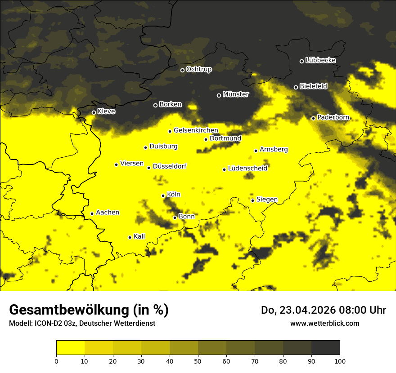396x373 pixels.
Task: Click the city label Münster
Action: (x=236, y=94)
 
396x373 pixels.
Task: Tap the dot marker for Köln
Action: (x=163, y=195)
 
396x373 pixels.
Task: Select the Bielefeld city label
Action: (x=314, y=86)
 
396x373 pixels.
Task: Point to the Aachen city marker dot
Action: (x=92, y=213)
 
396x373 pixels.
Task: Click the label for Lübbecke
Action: (x=321, y=60)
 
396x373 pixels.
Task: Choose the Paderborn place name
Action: (x=333, y=117)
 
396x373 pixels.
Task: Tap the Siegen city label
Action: (x=267, y=200)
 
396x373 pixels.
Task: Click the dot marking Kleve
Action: (x=94, y=112)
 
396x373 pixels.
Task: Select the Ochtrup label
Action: (x=199, y=69)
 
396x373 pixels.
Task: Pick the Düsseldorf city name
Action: (x=170, y=167)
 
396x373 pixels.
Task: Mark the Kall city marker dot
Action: (x=130, y=237)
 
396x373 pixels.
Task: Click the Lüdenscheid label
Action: (x=248, y=169)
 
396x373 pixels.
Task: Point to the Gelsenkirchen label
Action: (x=196, y=130)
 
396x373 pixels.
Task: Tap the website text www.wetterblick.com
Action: (x=325, y=323)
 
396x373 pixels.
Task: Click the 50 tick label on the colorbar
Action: (x=198, y=360)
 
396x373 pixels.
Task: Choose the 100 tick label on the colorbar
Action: (x=340, y=360)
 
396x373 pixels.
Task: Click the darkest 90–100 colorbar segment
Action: (x=325, y=347)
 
